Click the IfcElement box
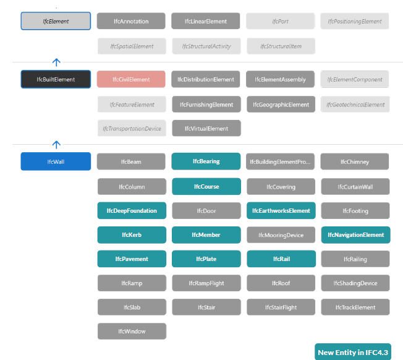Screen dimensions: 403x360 [x=56, y=21]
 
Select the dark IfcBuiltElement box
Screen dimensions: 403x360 [x=56, y=79]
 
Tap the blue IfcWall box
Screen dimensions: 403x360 [x=56, y=161]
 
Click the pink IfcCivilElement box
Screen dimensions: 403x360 [x=131, y=79]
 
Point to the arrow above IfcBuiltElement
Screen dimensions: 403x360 [x=56, y=62]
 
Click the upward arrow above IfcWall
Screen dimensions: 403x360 [x=56, y=145]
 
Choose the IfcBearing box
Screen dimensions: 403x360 [x=206, y=161]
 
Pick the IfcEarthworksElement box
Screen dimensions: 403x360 [x=281, y=210]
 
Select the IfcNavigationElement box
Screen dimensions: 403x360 [x=355, y=235]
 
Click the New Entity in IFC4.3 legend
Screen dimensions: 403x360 [x=353, y=352]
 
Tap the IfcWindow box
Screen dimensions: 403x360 [x=132, y=331]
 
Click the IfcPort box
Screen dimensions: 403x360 [x=280, y=21]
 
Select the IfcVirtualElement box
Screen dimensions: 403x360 [x=206, y=128]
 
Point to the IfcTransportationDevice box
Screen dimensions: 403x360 [x=132, y=128]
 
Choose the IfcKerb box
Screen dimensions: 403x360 [x=132, y=235]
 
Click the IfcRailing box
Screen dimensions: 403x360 [x=355, y=259]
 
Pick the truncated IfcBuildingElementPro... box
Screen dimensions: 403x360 [x=280, y=161]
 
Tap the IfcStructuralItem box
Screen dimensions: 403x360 [x=281, y=46]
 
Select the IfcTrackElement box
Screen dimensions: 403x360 [x=355, y=307]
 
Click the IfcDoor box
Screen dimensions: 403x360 [x=206, y=210]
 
